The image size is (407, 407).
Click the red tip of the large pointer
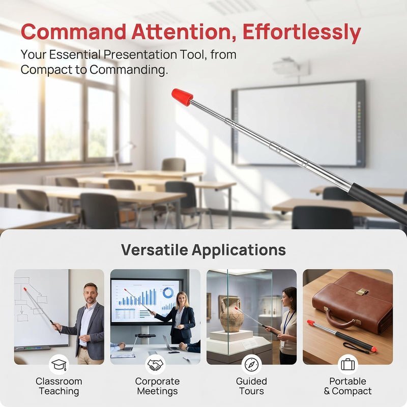coord(182,97)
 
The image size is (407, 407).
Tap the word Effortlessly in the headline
coord(302,33)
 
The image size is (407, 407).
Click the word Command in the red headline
coord(73,32)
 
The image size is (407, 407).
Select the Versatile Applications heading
coord(203,250)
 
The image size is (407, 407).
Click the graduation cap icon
coord(59,364)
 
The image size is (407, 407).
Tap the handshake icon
coord(155,364)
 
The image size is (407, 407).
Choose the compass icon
coord(251,364)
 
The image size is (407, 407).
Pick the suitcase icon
coord(348,364)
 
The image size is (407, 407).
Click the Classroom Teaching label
coord(59,386)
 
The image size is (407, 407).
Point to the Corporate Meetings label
coord(157,386)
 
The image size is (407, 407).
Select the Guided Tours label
coord(251,386)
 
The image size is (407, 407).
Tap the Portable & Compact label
coord(348,386)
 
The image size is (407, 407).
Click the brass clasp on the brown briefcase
coord(362,292)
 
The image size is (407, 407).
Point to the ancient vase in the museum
coord(231,315)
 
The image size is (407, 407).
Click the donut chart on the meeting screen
coord(168,293)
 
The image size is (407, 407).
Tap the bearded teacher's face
coord(91,294)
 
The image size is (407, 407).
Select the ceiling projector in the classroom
coord(290,67)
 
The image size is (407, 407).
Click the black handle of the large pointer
coord(379,202)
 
